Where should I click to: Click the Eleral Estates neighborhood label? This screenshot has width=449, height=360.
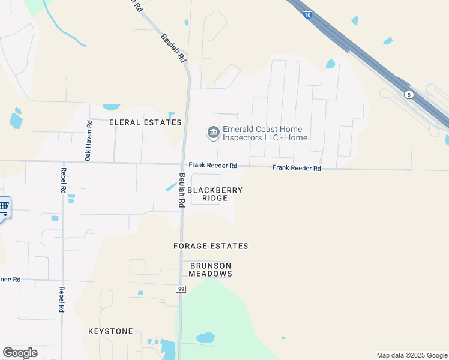145,122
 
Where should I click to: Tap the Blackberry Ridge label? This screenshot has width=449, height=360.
215,194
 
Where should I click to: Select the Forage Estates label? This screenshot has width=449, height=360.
211,246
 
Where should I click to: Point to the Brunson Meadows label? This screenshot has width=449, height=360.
211,269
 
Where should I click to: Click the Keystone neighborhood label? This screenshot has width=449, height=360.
110,331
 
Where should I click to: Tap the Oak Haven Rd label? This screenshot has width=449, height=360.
88,140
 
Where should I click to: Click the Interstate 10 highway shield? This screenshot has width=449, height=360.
307,15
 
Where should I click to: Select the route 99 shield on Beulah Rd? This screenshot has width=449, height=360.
181,289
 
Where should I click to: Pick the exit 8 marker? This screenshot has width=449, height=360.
409,95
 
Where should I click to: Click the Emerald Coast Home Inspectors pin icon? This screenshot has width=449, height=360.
212,133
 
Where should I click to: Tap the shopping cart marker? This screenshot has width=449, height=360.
4,208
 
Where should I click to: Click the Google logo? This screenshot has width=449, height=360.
20,353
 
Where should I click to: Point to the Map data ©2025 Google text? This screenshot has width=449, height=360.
411,355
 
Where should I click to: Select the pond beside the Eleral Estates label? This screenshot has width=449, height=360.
111,107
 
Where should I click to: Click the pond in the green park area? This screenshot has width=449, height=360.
205,337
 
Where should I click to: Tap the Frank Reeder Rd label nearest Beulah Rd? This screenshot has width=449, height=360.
213,165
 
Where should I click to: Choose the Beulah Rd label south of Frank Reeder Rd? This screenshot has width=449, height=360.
181,191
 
